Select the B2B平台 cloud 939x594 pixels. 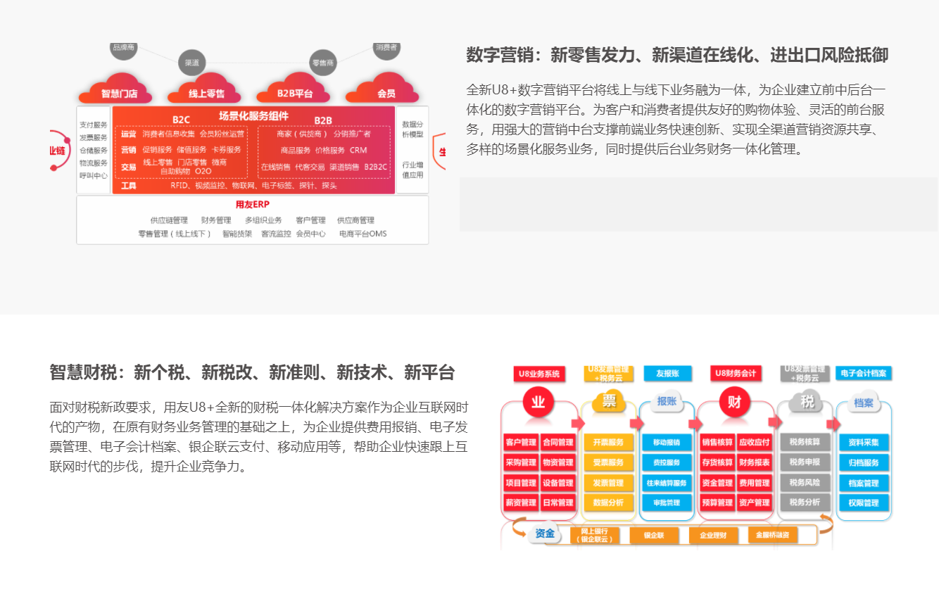[x=295, y=91]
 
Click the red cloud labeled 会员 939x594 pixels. [x=386, y=91]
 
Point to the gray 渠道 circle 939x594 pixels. [x=191, y=62]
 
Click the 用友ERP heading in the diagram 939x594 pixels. [x=252, y=204]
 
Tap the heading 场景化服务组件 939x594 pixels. [x=253, y=116]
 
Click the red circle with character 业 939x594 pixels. [x=538, y=403]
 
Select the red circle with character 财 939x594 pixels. [x=734, y=403]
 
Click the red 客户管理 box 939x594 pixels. [x=520, y=443]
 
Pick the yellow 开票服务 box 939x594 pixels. [x=608, y=443]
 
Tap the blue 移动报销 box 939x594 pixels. [x=666, y=443]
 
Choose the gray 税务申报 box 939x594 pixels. [x=805, y=462]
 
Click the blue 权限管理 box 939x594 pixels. [x=864, y=503]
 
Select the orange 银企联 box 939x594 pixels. [x=653, y=536]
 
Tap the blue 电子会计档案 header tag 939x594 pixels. [x=864, y=373]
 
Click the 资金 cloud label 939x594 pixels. [x=545, y=533]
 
